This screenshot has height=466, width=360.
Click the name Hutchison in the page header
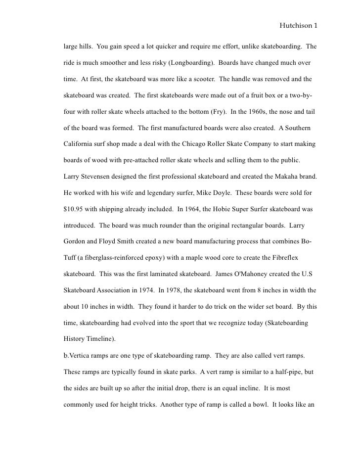[x=295, y=23]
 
